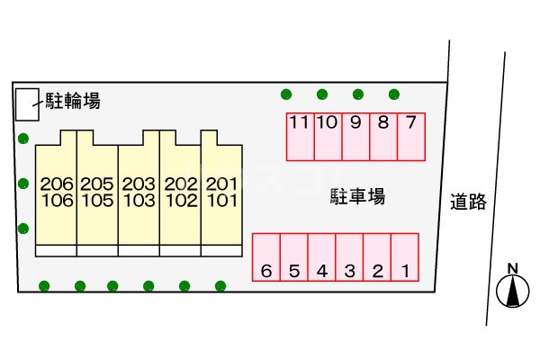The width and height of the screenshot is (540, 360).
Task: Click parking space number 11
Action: (301, 137)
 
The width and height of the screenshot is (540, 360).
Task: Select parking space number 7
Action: (411, 137)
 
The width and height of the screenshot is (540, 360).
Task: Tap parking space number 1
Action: (405, 257)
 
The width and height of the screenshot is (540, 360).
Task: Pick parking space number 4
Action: (321, 257)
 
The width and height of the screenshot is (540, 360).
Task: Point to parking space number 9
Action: (355, 137)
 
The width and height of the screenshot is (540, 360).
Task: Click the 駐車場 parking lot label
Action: (357, 196)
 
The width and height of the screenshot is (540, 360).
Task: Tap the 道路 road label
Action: (468, 202)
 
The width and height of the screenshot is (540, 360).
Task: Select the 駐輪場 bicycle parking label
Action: (73, 101)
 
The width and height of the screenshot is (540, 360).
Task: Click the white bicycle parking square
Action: (27, 104)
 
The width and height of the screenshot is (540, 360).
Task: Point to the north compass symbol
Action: (512, 291)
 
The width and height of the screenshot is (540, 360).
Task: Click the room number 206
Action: (57, 184)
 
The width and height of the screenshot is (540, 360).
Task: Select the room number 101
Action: (222, 201)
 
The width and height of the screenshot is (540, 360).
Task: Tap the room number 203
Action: (139, 184)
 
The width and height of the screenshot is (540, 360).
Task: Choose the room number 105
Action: (97, 201)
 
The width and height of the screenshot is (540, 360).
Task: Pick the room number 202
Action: (181, 184)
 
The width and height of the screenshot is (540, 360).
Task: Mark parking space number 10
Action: (328, 137)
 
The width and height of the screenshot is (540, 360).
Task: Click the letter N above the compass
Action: (513, 268)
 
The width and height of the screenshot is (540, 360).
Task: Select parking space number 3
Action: (349, 257)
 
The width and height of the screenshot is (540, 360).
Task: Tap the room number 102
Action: (182, 201)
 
